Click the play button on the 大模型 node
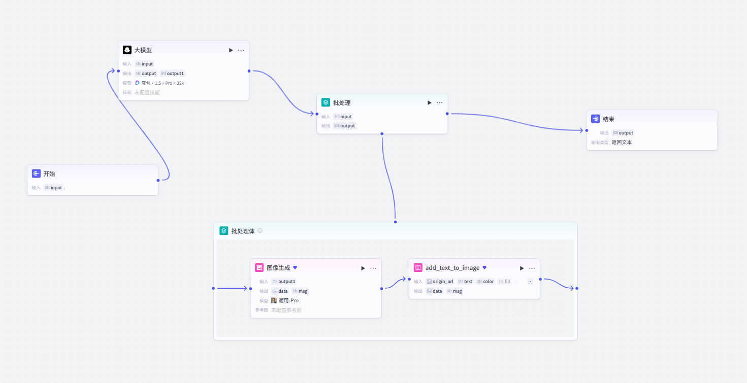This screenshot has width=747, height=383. tap(231, 50)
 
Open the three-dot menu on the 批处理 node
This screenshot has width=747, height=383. tap(440, 103)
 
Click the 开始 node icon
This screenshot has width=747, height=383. tap(37, 173)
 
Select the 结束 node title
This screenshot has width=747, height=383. tap(608, 119)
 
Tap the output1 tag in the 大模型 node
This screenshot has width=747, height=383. tap(172, 73)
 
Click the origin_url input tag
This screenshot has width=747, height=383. tap(440, 282)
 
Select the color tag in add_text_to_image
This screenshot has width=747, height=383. tap(485, 282)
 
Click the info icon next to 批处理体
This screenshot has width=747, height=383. tap(260, 231)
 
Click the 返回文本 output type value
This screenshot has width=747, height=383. tap(622, 142)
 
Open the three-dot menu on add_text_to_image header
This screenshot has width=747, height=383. tap(532, 268)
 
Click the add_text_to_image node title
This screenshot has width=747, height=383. tap(452, 268)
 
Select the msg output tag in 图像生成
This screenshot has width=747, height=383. tap(300, 291)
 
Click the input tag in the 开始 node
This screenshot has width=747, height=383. tap(53, 188)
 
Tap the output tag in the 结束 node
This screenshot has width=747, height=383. tap(623, 132)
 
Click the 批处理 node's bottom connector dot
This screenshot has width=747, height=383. tap(382, 134)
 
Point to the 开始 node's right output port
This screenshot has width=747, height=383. tap(158, 181)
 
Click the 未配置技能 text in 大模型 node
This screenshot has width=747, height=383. tap(147, 93)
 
